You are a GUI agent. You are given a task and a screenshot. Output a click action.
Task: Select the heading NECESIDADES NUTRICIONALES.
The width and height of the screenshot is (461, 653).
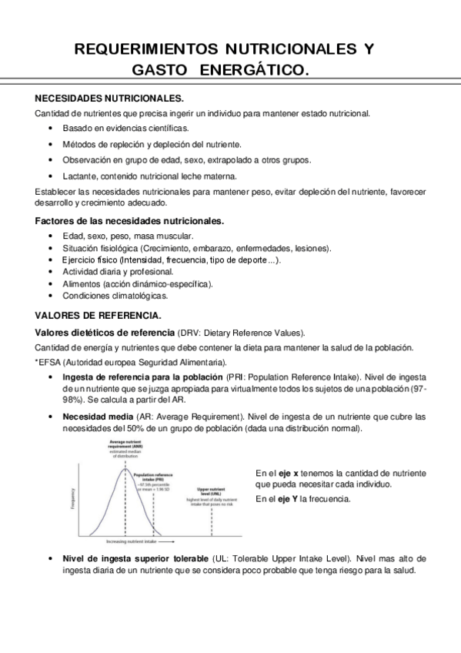pyautogui.click(x=110, y=99)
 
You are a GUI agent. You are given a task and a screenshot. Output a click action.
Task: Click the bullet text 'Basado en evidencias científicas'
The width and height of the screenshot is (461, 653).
pyautogui.click(x=125, y=128)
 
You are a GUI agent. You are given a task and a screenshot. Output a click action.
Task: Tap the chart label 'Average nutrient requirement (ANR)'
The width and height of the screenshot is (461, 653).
pyautogui.click(x=123, y=446)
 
